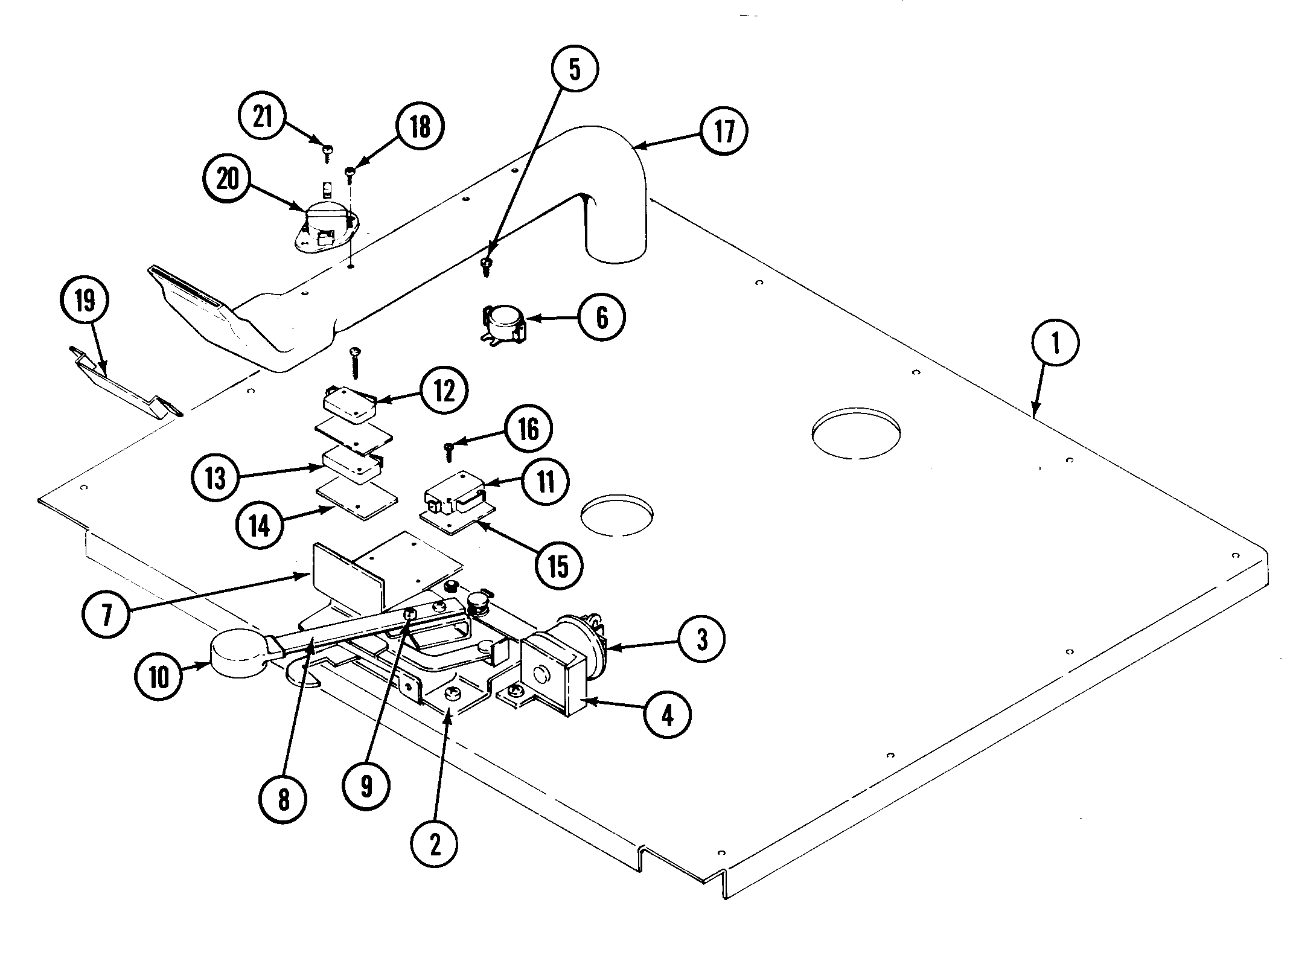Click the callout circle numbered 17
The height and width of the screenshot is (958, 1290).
[724, 131]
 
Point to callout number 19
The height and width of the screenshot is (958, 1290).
[85, 301]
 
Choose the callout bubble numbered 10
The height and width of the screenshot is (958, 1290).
[159, 677]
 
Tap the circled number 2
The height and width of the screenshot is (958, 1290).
[435, 845]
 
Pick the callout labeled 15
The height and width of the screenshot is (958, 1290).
[559, 566]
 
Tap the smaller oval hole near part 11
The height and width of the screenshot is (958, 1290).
[616, 516]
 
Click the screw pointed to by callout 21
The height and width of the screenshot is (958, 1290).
[327, 152]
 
